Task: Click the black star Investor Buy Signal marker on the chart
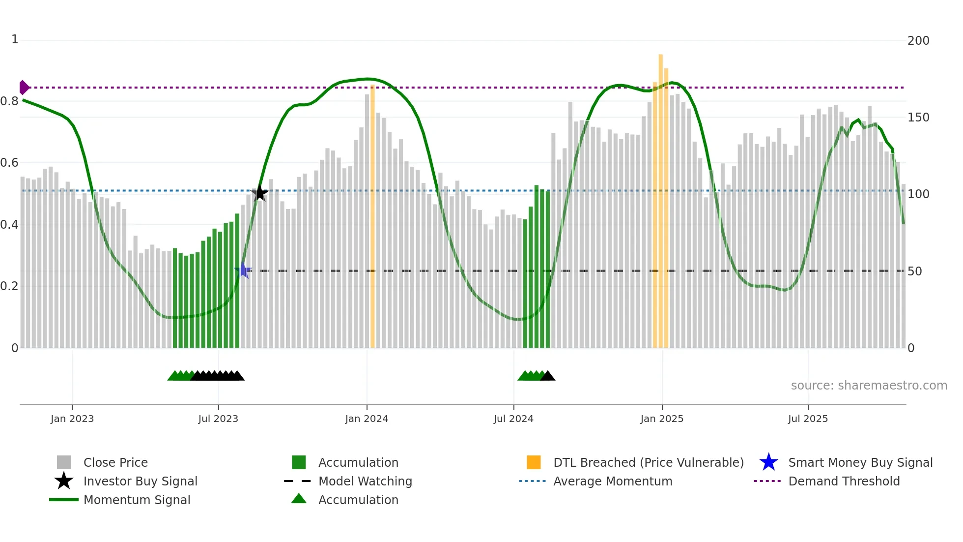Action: pyautogui.click(x=260, y=193)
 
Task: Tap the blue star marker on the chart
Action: pyautogui.click(x=243, y=270)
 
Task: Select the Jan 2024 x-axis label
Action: pyautogui.click(x=367, y=419)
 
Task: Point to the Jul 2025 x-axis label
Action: pyautogui.click(x=808, y=419)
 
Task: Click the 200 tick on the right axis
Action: pyautogui.click(x=918, y=41)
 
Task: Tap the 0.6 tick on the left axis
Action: pyautogui.click(x=9, y=163)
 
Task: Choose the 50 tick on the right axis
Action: pyautogui.click(x=914, y=271)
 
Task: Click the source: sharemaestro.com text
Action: pyautogui.click(x=869, y=386)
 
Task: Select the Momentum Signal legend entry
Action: pyautogui.click(x=137, y=500)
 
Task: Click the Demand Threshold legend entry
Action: pyautogui.click(x=844, y=482)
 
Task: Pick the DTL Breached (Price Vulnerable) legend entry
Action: pyautogui.click(x=648, y=463)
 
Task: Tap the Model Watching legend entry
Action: pyautogui.click(x=365, y=482)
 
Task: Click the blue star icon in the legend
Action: pyautogui.click(x=768, y=462)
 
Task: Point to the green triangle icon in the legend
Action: pyautogui.click(x=299, y=499)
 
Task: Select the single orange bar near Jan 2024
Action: pyautogui.click(x=372, y=216)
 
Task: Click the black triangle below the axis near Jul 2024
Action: pyautogui.click(x=548, y=376)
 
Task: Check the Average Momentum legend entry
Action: pyautogui.click(x=612, y=482)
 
